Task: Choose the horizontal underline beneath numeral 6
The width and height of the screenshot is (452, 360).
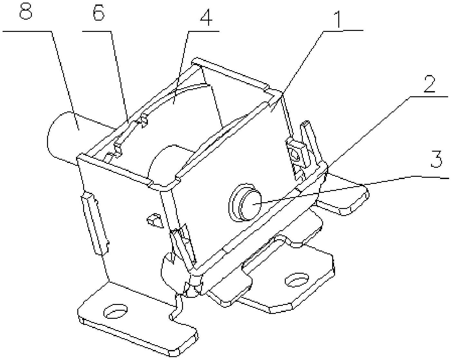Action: (97, 31)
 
